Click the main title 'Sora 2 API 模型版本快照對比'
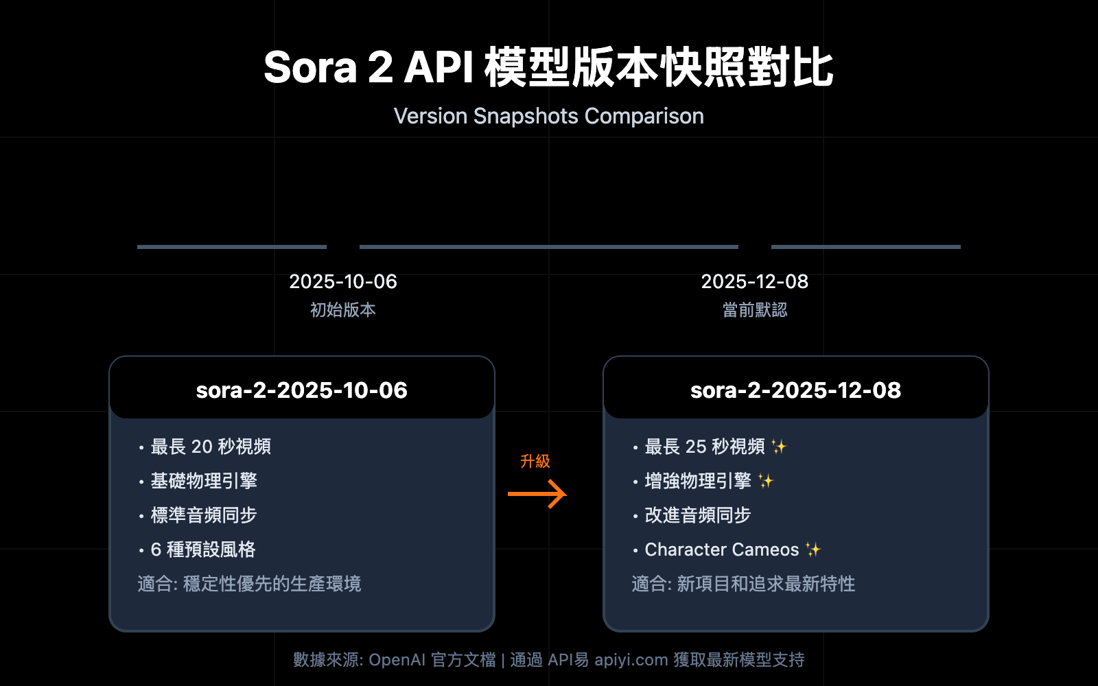[548, 68]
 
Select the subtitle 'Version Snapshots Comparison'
[548, 116]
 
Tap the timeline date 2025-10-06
[343, 281]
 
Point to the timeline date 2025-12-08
[755, 281]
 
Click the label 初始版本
[343, 310]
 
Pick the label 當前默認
[755, 310]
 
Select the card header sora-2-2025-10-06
[302, 390]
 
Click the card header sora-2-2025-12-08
[796, 390]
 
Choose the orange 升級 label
[535, 461]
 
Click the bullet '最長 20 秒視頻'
[211, 447]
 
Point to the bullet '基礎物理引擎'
[204, 481]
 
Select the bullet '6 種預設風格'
[203, 549]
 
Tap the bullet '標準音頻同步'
[204, 515]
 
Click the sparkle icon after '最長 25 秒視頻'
[779, 447]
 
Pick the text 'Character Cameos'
[722, 549]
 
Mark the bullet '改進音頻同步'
[698, 515]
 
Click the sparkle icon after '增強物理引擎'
[766, 481]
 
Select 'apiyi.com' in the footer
[631, 660]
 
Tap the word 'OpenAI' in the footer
[397, 660]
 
